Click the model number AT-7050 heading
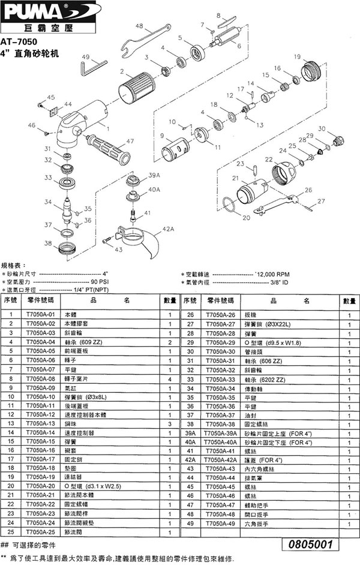(x=19, y=43)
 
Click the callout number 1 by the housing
(x=108, y=127)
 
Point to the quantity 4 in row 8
(x=170, y=380)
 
